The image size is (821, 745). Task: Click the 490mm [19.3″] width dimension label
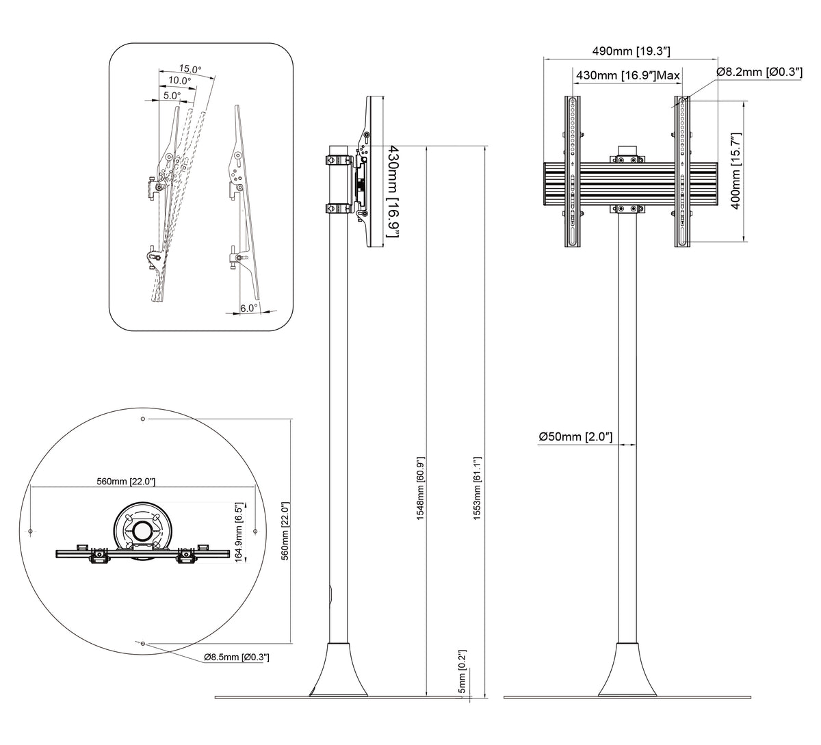click(631, 51)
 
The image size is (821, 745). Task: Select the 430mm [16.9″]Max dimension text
click(628, 75)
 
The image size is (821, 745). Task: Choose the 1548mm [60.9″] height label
click(421, 488)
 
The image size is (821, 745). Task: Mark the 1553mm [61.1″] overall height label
click(478, 488)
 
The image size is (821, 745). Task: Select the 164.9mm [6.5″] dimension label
click(239, 532)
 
